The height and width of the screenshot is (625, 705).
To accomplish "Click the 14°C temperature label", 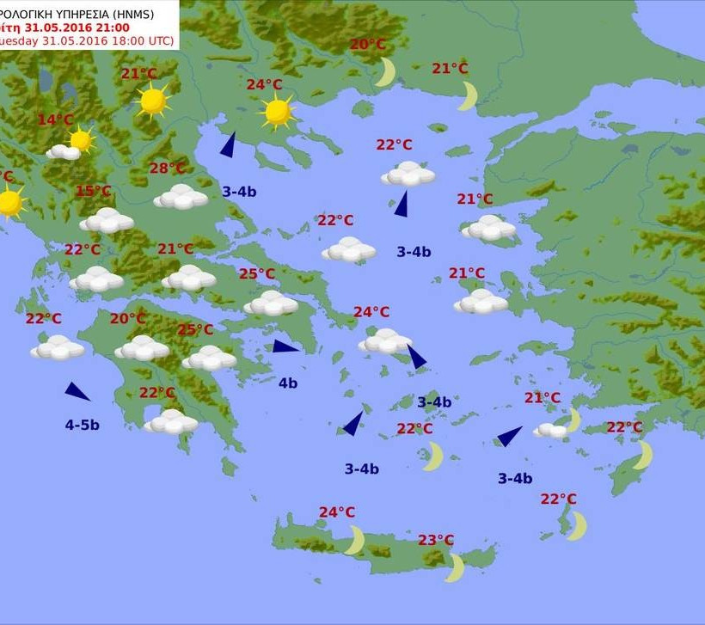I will tap(56, 119).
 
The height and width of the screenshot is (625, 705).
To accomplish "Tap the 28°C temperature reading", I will tap(168, 169).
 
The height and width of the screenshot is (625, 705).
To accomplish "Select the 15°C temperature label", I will tap(93, 191).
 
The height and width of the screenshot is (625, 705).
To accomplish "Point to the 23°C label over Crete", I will tap(436, 540).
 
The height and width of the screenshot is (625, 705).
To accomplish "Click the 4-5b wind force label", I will tap(82, 424).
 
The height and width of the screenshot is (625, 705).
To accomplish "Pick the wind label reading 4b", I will tap(287, 383).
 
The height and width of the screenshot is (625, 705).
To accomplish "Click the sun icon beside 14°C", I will tap(81, 139).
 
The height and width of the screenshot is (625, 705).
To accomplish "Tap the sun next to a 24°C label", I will tap(277, 111).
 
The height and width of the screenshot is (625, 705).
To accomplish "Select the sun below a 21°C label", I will tap(153, 101).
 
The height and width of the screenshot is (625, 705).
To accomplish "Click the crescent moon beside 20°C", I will tap(385, 72).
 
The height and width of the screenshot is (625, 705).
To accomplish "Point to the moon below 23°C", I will tap(456, 567).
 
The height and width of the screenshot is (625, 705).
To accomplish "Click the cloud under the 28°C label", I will tap(181, 197).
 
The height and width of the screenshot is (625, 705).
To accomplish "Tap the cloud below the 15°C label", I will tap(107, 220).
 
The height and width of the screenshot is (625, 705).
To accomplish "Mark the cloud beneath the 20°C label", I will tap(142, 347).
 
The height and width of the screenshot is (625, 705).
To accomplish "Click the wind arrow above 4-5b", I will tap(77, 391).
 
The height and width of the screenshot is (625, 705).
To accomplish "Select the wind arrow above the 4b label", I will tap(285, 346).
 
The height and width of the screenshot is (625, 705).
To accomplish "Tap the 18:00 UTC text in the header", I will tap(138, 40).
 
